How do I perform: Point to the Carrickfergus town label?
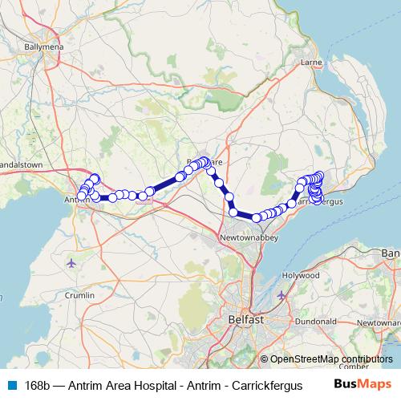[x=319, y=201]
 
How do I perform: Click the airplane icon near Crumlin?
[x=72, y=262]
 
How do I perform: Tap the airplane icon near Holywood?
[x=281, y=296]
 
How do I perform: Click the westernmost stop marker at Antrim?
[x=81, y=196]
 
